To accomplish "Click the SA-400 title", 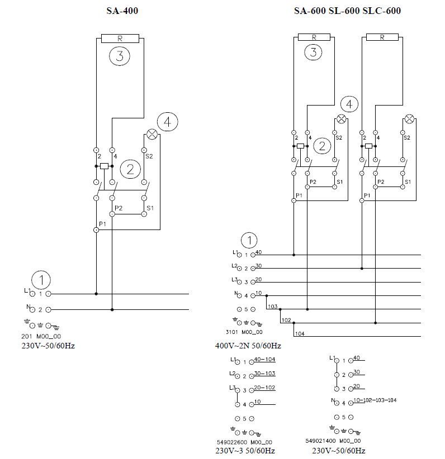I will pyautogui.click(x=122, y=10).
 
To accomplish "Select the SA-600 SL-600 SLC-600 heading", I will pyautogui.click(x=347, y=10).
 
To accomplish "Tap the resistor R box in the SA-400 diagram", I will pyautogui.click(x=121, y=39).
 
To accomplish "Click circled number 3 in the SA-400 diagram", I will pyautogui.click(x=120, y=56).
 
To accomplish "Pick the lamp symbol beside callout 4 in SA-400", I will pyautogui.click(x=151, y=134).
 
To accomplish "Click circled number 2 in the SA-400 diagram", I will pyautogui.click(x=130, y=169).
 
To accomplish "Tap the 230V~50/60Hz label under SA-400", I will pyautogui.click(x=48, y=346).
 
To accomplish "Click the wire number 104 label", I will pyautogui.click(x=300, y=333).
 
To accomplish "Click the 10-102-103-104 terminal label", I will pyautogui.click(x=375, y=400).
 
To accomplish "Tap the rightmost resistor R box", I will pyautogui.click(x=382, y=37).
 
